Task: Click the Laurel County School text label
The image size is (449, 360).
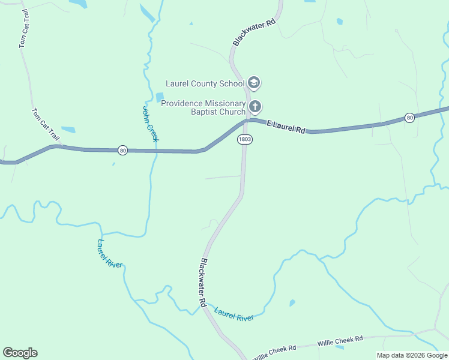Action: click(x=205, y=83)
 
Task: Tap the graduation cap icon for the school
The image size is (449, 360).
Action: click(x=254, y=83)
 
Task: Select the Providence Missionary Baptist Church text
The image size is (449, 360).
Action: click(x=203, y=107)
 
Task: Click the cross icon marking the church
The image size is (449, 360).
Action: click(x=255, y=107)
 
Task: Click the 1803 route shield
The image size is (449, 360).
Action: click(x=244, y=139)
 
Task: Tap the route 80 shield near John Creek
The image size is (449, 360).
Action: click(x=122, y=150)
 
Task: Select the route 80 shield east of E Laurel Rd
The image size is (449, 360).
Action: click(x=409, y=117)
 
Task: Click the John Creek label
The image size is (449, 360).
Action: click(x=150, y=124)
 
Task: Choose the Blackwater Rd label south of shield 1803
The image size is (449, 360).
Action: click(x=204, y=283)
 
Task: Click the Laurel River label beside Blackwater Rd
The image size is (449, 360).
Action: click(x=234, y=314)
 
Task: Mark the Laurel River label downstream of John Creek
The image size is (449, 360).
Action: click(x=110, y=253)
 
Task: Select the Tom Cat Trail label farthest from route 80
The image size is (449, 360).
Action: click(x=24, y=28)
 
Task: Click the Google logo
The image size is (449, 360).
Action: click(x=20, y=353)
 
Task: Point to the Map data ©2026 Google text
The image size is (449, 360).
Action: click(x=412, y=355)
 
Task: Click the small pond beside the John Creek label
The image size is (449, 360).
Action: click(x=159, y=97)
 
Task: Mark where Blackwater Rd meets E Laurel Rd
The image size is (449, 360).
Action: click(x=246, y=121)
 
